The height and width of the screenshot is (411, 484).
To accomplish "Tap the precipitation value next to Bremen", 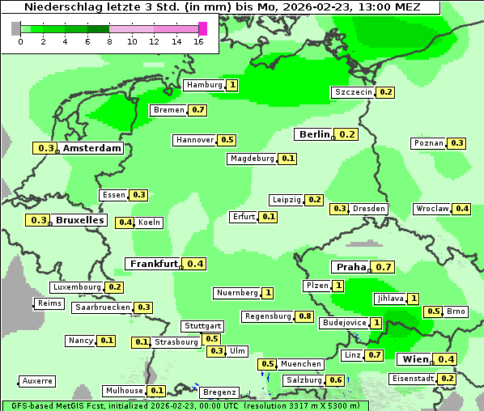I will pyautogui.click(x=198, y=110).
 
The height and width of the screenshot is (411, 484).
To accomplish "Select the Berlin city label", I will pyautogui.click(x=314, y=134).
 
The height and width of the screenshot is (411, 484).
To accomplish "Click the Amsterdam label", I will pyautogui.click(x=92, y=148).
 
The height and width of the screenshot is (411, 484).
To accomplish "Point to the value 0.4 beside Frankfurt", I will pyautogui.click(x=195, y=264).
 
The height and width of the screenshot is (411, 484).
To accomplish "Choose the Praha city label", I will pyautogui.click(x=351, y=267).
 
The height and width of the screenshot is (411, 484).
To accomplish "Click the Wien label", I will pyautogui.click(x=414, y=359).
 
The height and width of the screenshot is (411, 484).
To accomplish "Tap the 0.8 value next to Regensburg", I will pyautogui.click(x=304, y=316).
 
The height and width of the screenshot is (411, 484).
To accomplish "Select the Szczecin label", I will pyautogui.click(x=354, y=92).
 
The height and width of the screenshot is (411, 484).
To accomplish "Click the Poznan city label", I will pyautogui.click(x=429, y=143).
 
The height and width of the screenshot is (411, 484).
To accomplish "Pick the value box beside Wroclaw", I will pyautogui.click(x=462, y=209).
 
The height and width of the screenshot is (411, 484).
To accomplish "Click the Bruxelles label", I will pyautogui.click(x=79, y=220).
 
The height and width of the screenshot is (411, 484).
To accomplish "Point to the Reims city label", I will pyautogui.click(x=49, y=303).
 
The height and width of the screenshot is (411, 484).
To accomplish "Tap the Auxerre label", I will pyautogui.click(x=38, y=380).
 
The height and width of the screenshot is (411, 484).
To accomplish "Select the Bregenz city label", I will pyautogui.click(x=219, y=392).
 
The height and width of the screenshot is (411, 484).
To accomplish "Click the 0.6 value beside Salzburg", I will pyautogui.click(x=336, y=380).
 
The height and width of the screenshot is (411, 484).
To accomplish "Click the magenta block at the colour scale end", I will pyautogui.click(x=202, y=28).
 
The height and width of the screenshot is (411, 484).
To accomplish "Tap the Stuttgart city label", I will pyautogui.click(x=202, y=325).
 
